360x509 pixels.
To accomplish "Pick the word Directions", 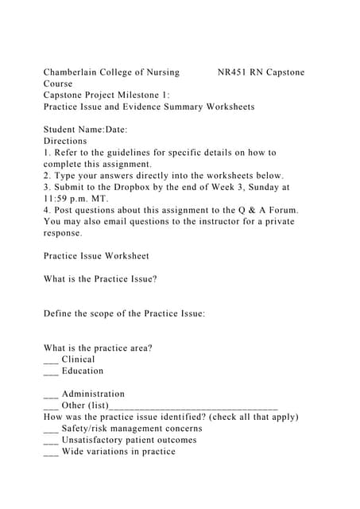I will point(65,141).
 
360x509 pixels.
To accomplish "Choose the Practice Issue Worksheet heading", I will point(96,256).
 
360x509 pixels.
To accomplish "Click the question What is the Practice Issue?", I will point(100,279).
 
